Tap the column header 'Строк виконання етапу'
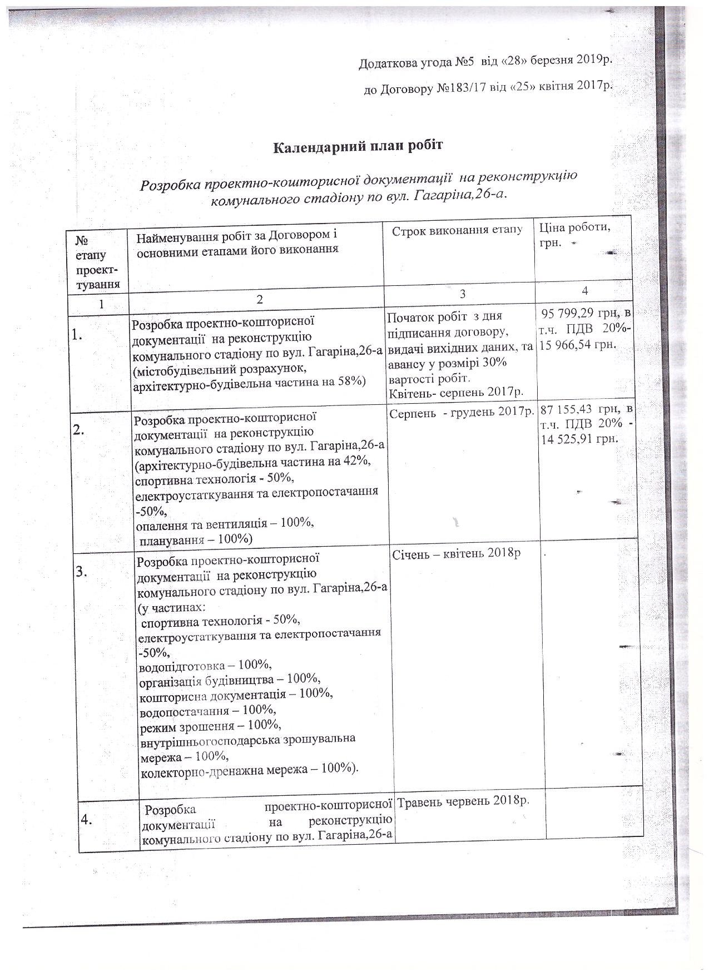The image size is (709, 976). coord(457,231)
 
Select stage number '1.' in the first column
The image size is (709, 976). coord(79,334)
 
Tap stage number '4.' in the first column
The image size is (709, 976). coord(87,819)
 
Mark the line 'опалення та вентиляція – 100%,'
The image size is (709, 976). coord(225,524)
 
